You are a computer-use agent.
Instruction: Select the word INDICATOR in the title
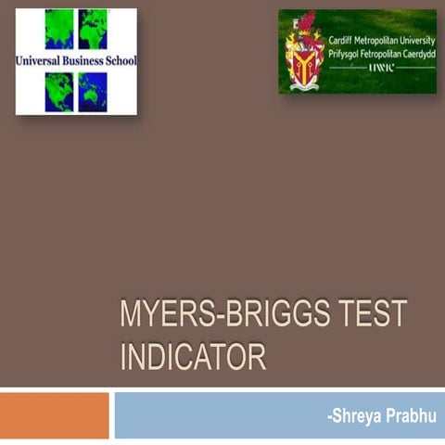point(193,356)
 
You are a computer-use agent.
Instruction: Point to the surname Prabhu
point(411,416)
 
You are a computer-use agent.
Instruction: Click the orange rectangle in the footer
point(54,415)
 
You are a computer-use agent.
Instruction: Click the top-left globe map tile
point(59,29)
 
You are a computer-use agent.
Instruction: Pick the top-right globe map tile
point(93,29)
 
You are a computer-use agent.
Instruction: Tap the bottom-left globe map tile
point(59,92)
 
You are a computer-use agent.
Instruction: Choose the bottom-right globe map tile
point(93,92)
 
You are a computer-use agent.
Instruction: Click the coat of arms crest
point(304,53)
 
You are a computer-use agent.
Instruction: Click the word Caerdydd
point(418,55)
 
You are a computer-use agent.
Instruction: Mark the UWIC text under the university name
point(381,69)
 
